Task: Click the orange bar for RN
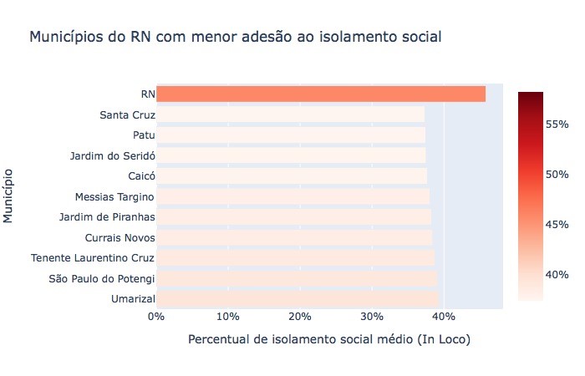(321, 94)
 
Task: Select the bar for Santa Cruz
(290, 114)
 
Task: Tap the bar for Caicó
(291, 175)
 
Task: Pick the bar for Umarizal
(297, 298)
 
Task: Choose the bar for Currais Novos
(294, 237)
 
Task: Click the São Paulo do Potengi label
(102, 278)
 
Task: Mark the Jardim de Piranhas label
(106, 217)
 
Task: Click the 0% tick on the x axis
(156, 317)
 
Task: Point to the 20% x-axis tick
(300, 317)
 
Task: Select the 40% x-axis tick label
(444, 317)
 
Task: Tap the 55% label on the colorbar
(558, 124)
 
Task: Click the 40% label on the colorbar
(558, 275)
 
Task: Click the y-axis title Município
(9, 196)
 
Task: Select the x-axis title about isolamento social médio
(329, 340)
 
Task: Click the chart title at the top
(235, 38)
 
